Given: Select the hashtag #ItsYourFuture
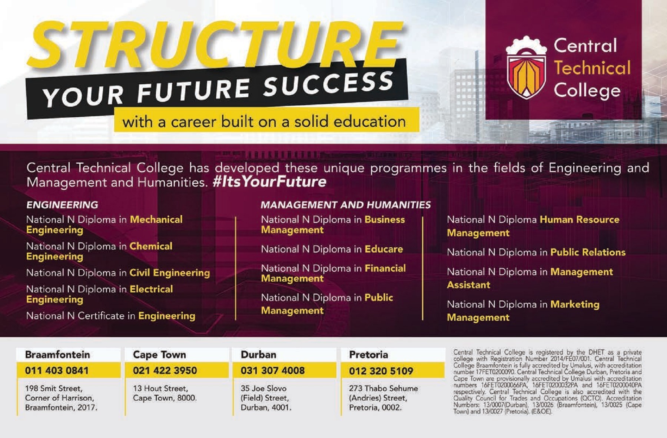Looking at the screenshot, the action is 269,182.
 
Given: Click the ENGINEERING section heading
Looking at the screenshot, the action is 62,205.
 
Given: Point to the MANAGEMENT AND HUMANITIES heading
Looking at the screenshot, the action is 346,205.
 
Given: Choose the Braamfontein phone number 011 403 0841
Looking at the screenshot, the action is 57,370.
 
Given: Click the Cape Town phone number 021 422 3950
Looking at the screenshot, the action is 165,370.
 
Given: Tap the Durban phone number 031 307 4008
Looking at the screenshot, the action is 273,370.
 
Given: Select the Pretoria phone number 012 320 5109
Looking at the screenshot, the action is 381,371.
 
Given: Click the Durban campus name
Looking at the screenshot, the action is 259,355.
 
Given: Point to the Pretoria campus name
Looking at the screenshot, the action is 368,355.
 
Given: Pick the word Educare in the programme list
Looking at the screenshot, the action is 384,249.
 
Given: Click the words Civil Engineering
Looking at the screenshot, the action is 170,273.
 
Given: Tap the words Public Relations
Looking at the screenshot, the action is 588,252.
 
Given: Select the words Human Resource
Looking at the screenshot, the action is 580,220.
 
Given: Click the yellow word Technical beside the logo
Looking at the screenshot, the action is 592,68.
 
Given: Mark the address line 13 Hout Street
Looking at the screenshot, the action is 160,388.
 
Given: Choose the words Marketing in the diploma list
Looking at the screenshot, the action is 575,304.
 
